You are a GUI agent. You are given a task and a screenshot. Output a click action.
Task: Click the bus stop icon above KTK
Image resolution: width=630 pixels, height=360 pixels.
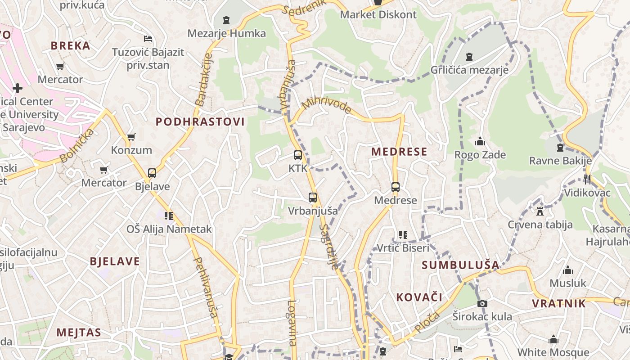[x=297, y=155]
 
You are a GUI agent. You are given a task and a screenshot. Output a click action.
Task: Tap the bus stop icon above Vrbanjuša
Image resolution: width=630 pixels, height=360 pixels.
[x=313, y=197]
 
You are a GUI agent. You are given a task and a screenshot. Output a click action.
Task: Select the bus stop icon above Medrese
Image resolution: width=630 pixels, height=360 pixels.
[x=396, y=187]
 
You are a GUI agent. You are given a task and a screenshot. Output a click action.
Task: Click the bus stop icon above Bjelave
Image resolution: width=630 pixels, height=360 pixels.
[x=152, y=173]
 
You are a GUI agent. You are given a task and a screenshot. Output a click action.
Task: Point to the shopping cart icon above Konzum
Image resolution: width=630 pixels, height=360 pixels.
[x=131, y=137]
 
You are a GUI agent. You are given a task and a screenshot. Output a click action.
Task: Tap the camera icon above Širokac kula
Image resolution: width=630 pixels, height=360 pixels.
[x=482, y=303]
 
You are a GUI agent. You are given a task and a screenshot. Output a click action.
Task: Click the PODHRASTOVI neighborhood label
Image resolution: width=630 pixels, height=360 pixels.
[x=200, y=121]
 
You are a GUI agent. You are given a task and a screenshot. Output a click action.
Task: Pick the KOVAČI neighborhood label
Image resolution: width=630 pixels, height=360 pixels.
[x=419, y=297]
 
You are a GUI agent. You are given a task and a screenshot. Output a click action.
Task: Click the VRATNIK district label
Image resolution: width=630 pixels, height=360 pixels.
[x=559, y=303]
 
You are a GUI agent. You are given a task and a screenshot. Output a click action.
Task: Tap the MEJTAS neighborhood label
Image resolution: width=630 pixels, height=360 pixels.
[x=79, y=333]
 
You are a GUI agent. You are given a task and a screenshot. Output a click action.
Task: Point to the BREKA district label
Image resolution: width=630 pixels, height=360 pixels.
[x=71, y=45]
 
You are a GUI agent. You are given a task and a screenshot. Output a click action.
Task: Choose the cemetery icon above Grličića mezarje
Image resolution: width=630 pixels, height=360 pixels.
[x=469, y=57]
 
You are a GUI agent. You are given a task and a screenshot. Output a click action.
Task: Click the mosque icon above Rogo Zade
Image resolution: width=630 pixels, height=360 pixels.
[x=480, y=142]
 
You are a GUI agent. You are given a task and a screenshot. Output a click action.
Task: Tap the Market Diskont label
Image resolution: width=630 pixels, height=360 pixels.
[x=378, y=14]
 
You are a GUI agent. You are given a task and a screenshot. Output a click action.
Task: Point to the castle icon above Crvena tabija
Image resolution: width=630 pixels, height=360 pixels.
[x=540, y=211]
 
